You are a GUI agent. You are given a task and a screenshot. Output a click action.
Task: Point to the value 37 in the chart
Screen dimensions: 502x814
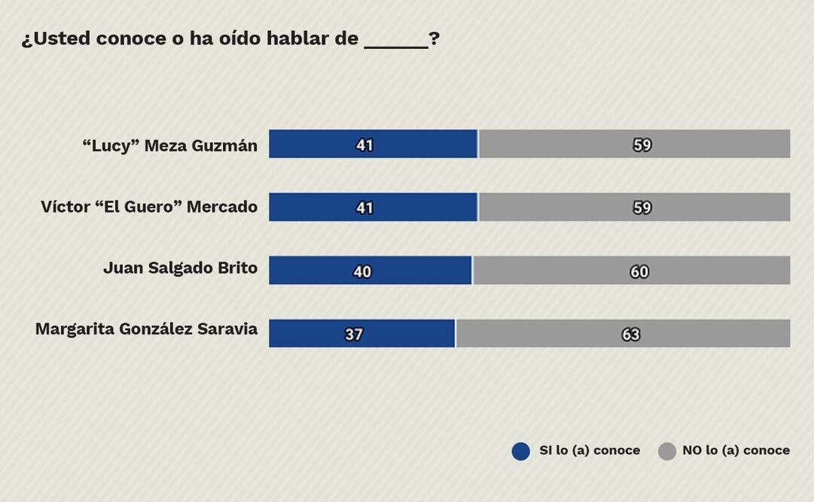point(354,334)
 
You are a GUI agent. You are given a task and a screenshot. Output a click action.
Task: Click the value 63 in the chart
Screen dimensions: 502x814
point(631,334)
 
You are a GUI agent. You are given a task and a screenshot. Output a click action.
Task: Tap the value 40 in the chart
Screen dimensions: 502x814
point(362,271)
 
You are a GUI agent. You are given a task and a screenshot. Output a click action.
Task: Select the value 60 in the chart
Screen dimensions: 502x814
point(639,271)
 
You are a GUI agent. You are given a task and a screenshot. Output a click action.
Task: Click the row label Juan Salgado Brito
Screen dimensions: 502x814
point(180,268)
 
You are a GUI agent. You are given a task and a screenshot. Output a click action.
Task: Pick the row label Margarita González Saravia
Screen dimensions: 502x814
point(146,329)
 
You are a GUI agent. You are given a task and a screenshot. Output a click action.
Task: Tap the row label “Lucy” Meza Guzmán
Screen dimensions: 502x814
point(169,145)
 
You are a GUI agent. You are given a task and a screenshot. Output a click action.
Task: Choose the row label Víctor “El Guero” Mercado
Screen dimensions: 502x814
point(149,207)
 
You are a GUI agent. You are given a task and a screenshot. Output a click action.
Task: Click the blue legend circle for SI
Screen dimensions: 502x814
point(521,451)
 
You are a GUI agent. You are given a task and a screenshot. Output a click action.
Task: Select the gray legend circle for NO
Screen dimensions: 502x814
point(667,451)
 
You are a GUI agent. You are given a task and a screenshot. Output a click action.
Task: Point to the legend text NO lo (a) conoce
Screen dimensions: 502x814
point(736,451)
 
